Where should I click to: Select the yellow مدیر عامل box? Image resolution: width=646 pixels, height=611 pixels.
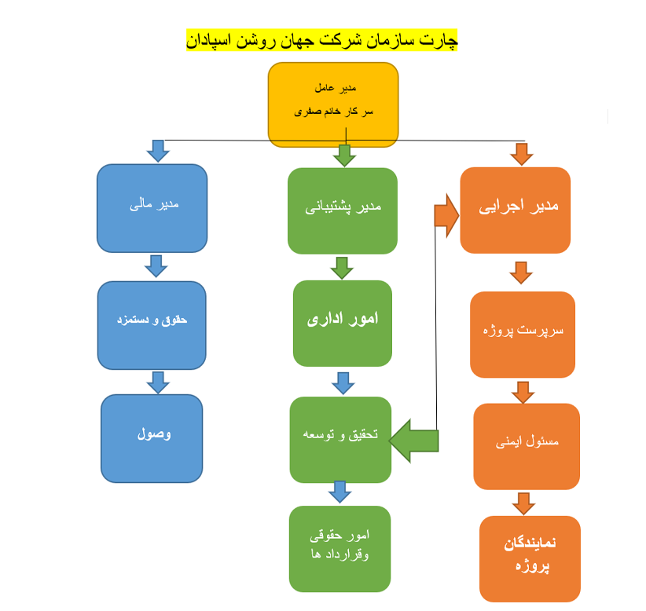(x=333, y=104)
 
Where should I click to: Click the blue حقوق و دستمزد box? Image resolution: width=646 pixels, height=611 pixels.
(x=152, y=324)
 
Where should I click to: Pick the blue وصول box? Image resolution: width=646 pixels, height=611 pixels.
(x=152, y=437)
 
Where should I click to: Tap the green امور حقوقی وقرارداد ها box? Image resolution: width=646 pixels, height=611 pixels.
(x=340, y=547)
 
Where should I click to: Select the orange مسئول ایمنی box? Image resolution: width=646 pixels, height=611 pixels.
(x=527, y=445)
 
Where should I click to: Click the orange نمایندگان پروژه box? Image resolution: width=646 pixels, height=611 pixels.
(x=530, y=557)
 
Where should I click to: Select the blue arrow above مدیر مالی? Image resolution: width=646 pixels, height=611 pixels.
(x=159, y=151)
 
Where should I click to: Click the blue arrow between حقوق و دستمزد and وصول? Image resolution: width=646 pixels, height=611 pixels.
(x=158, y=382)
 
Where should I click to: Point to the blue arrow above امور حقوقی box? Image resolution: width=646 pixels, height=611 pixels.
(x=340, y=492)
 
